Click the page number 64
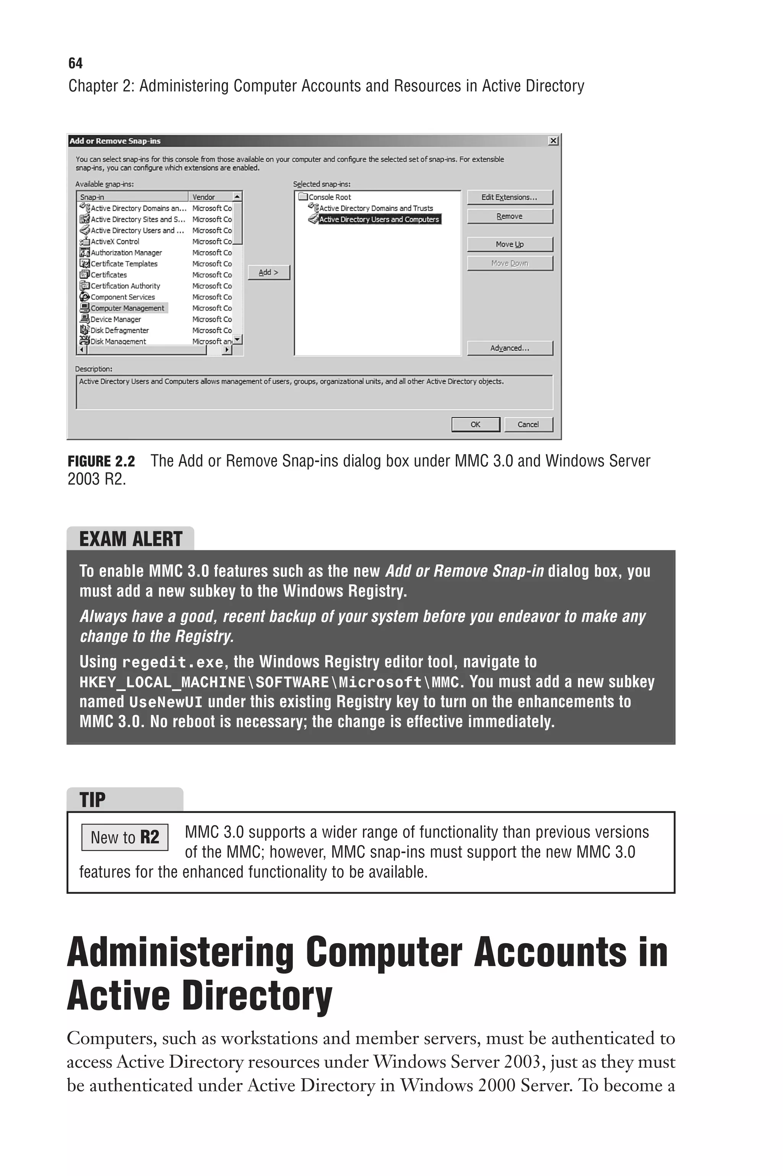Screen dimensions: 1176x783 click(75, 63)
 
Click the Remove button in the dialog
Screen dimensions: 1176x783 click(509, 216)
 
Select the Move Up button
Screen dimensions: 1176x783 click(509, 244)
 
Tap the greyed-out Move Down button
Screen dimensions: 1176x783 click(509, 263)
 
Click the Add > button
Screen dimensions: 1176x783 click(269, 273)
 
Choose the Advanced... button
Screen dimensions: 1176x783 click(509, 348)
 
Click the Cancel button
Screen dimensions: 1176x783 click(528, 425)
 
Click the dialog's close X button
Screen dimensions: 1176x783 click(553, 141)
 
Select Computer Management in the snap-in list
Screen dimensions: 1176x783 click(127, 308)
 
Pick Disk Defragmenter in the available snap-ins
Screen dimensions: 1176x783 click(119, 330)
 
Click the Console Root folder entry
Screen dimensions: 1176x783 click(329, 197)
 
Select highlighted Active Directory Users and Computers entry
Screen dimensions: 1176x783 click(379, 219)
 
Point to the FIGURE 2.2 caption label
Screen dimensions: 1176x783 click(101, 461)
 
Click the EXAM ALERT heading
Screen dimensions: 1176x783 click(131, 539)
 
